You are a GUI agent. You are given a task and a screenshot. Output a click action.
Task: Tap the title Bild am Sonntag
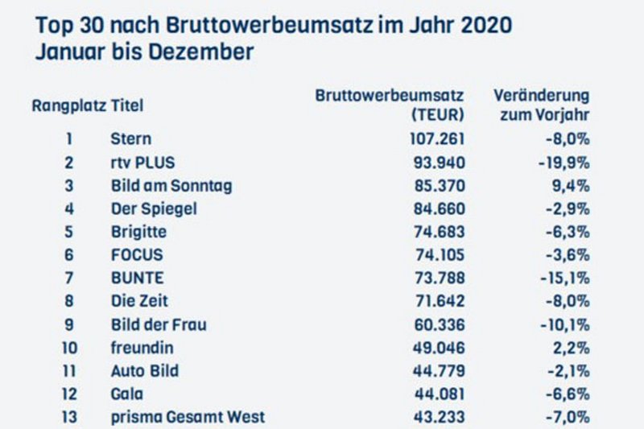tap(171, 185)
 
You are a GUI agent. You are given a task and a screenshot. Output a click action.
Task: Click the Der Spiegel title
tap(153, 208)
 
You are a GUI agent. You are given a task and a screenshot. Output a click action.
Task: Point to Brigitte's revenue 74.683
tap(438, 232)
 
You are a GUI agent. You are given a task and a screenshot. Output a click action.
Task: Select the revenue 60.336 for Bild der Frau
tap(438, 324)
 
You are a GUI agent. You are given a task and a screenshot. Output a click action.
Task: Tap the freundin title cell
tap(142, 348)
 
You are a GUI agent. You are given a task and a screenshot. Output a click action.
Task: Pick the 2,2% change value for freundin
tap(575, 348)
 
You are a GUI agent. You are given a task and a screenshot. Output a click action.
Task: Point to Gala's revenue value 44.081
tap(438, 394)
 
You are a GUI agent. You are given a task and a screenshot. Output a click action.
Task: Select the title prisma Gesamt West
tap(187, 418)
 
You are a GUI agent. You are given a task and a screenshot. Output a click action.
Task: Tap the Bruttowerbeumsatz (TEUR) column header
tap(390, 105)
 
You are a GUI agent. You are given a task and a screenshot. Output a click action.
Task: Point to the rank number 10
tap(68, 348)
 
